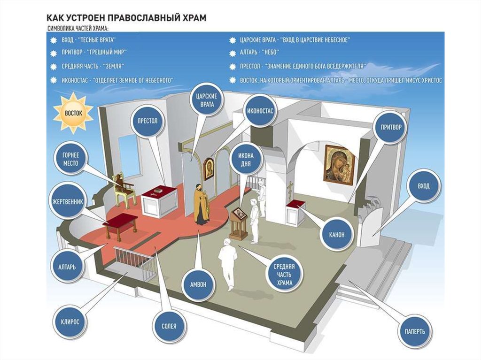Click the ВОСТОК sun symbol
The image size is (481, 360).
(73, 113)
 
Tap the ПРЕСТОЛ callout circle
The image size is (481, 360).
(147, 121)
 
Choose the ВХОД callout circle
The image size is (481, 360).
(424, 186)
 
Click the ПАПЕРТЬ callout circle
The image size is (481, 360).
(415, 331)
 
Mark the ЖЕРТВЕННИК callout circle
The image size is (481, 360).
(68, 202)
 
